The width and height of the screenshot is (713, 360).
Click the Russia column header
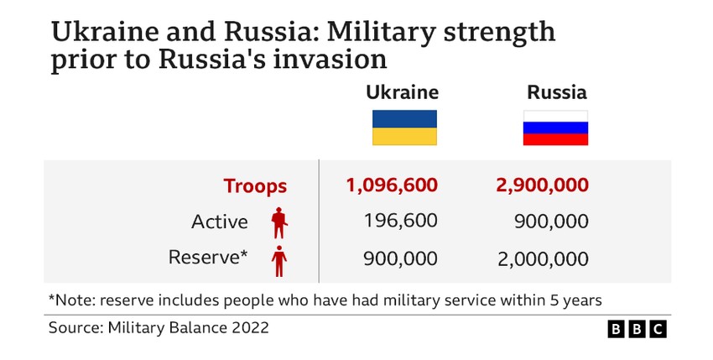556,92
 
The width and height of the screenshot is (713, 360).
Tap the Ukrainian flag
404,128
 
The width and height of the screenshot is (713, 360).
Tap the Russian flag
556,128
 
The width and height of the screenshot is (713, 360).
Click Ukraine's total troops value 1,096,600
392,186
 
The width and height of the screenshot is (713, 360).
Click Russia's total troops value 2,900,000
542,186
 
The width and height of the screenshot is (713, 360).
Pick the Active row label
220,222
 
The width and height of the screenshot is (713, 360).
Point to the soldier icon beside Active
279,222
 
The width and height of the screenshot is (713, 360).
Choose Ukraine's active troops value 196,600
400,222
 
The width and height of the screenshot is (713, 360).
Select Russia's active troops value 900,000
551,222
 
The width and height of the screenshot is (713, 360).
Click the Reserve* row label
208,258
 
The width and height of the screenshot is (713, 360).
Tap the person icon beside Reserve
278,259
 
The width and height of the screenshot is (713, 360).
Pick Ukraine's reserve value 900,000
400,258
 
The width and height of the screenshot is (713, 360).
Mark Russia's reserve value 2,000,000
543,258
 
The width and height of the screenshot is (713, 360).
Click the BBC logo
637,329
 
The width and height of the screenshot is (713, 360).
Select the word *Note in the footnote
71,299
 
